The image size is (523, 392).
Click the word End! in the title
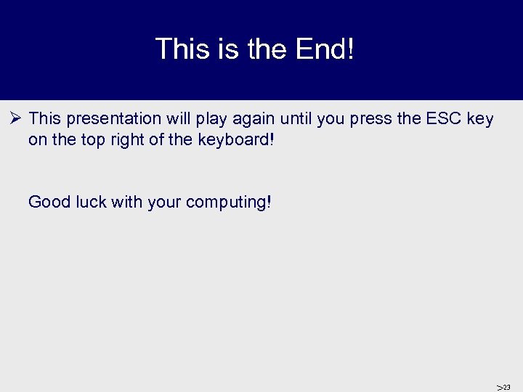(325, 49)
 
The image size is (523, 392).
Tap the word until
(297, 119)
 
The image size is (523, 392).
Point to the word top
(94, 139)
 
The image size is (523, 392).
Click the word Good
(49, 201)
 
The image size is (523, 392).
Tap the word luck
(92, 201)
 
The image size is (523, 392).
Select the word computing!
(228, 202)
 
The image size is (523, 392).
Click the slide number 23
(506, 387)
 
